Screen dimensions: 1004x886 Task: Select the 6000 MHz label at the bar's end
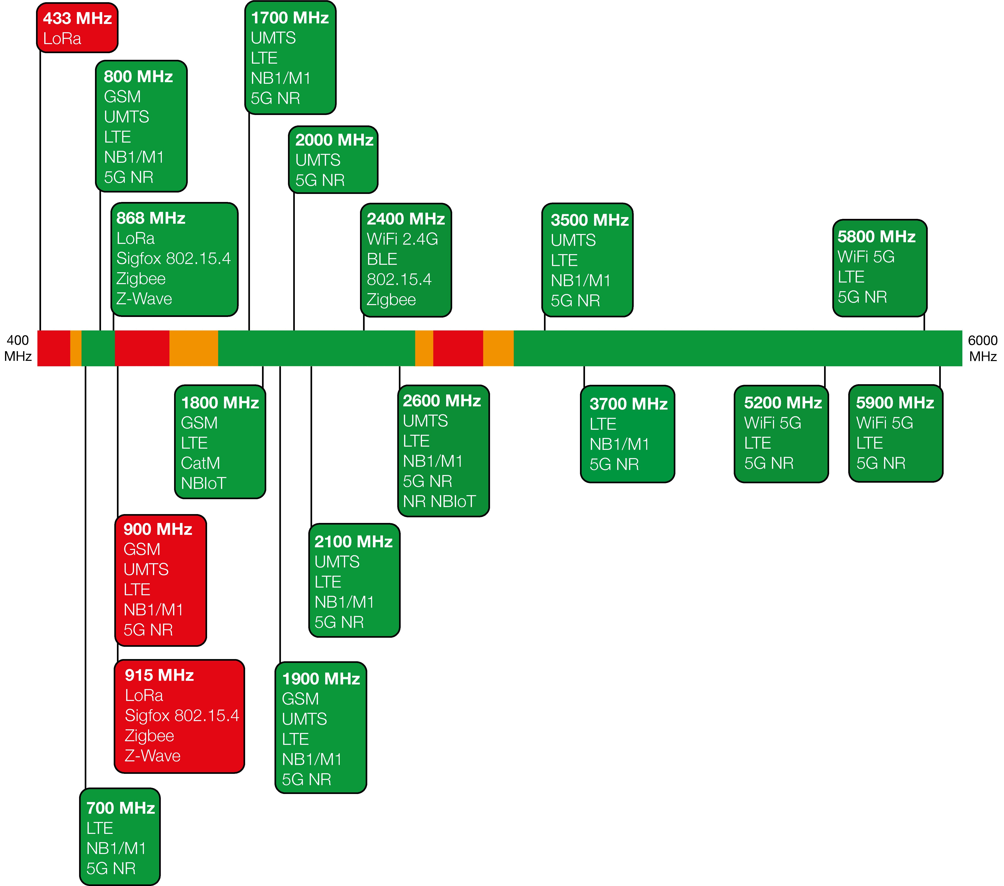click(x=982, y=348)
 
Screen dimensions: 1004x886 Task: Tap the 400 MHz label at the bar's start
click(x=18, y=348)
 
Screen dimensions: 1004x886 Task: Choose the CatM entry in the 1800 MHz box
click(x=200, y=463)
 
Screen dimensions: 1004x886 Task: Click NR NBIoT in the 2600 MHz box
click(x=439, y=501)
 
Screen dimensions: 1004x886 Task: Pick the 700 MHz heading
click(x=121, y=808)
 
